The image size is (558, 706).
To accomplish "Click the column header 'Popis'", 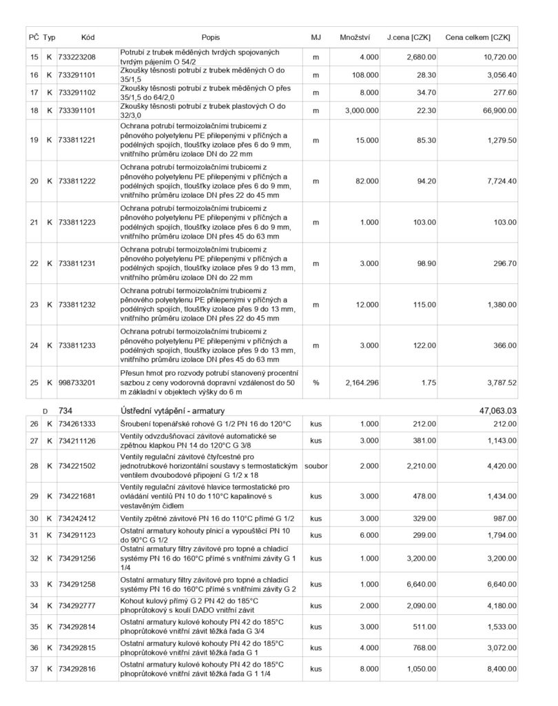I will (x=211, y=37).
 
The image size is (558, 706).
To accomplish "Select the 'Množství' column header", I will (x=355, y=37).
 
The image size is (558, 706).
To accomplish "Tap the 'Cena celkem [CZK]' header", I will (x=479, y=37).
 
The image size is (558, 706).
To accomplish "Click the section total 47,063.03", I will (x=497, y=410).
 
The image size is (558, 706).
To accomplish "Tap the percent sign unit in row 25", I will (x=316, y=383).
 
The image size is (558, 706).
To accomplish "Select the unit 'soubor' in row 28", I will (x=316, y=466).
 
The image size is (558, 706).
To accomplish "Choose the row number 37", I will (x=34, y=668).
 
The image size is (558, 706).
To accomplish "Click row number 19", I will (x=34, y=140).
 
